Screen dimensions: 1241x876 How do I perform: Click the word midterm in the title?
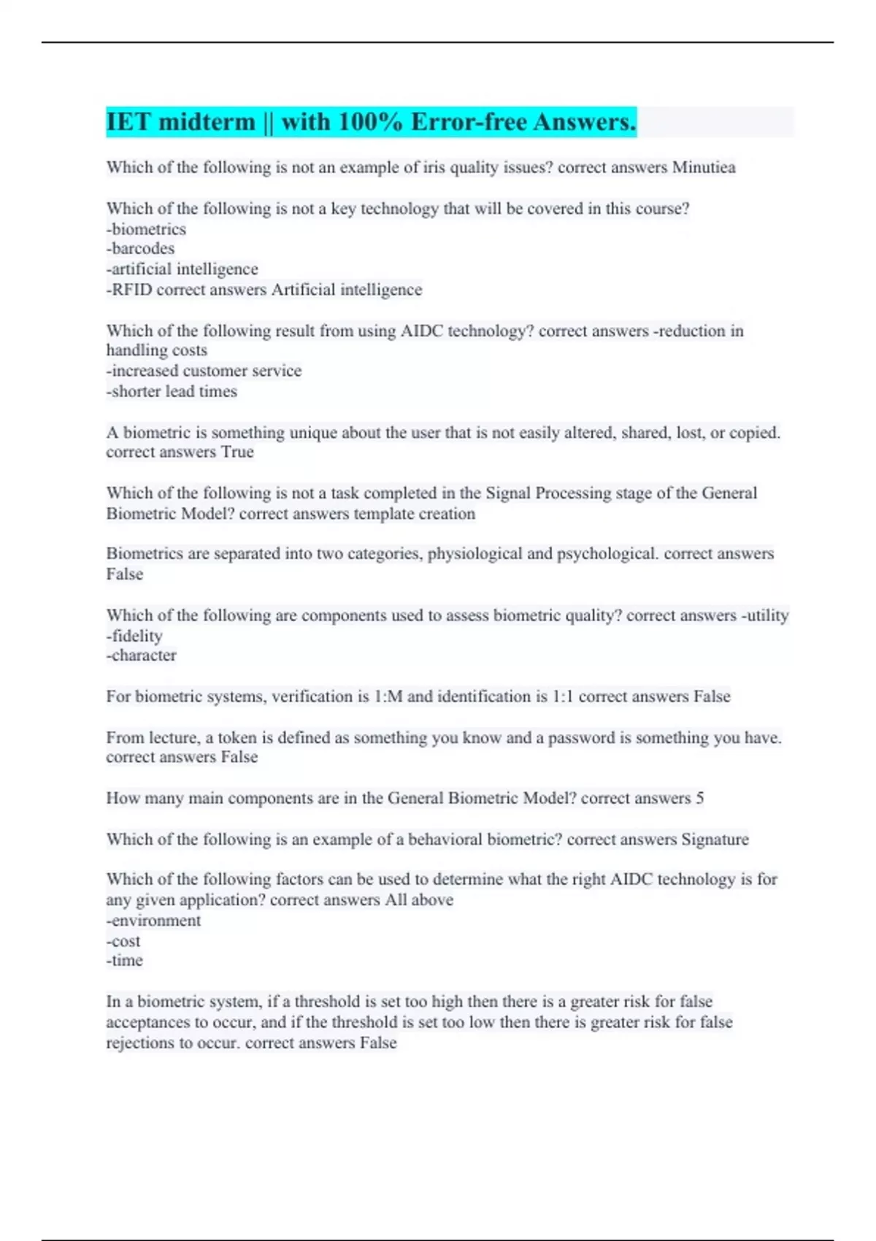pyautogui.click(x=207, y=122)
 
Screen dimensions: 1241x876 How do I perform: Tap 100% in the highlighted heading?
pyautogui.click(x=370, y=122)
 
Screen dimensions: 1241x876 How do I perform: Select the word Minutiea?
pyautogui.click(x=704, y=167)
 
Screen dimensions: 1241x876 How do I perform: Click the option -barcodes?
pyautogui.click(x=140, y=249)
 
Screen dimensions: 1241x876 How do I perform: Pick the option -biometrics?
pyautogui.click(x=146, y=229)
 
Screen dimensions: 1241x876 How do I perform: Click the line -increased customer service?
pyautogui.click(x=204, y=371)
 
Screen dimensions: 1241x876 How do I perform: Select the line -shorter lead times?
pyautogui.click(x=172, y=391)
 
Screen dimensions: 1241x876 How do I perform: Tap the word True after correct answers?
pyautogui.click(x=237, y=452)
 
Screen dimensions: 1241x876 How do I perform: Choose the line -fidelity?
pyautogui.click(x=134, y=636)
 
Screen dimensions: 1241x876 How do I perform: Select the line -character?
pyautogui.click(x=141, y=656)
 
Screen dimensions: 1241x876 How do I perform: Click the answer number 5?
pyautogui.click(x=699, y=798)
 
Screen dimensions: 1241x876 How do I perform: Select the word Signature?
pyautogui.click(x=715, y=839)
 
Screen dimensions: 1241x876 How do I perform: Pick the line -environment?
pyautogui.click(x=153, y=921)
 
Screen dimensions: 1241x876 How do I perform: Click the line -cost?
pyautogui.click(x=123, y=941)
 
